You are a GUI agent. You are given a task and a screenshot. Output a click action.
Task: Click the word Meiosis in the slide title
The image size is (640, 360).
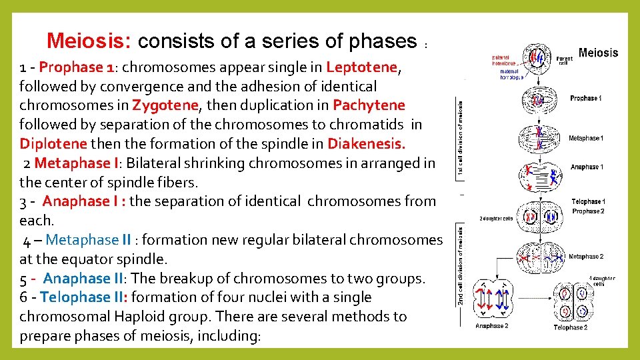[89, 41]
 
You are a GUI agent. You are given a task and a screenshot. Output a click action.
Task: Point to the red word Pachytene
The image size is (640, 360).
[369, 105]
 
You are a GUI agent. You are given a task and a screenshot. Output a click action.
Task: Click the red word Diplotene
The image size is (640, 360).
[53, 144]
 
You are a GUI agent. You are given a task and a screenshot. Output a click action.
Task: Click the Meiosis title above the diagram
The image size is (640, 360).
[597, 53]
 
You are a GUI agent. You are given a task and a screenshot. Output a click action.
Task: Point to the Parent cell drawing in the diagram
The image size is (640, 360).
[537, 59]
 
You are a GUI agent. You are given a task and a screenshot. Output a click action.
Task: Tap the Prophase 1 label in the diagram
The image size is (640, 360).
[585, 99]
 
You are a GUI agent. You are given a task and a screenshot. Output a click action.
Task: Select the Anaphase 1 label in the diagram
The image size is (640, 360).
[587, 167]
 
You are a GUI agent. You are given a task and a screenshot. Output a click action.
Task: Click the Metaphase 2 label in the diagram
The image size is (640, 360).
[586, 257]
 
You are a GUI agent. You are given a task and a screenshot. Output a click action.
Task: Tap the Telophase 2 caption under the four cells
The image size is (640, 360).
[570, 327]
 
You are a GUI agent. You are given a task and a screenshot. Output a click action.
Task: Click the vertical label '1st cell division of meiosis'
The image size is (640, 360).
[461, 139]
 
